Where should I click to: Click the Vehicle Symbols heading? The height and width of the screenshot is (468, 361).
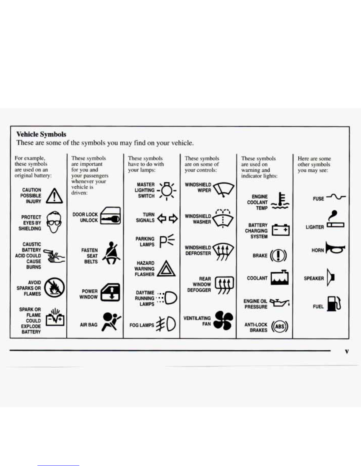(x=41, y=134)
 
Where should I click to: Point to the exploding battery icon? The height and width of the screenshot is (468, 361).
(x=56, y=317)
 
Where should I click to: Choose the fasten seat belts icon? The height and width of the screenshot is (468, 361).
(x=111, y=253)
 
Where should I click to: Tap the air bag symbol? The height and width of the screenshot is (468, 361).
(x=111, y=322)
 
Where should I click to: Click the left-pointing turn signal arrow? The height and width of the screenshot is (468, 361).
(x=162, y=218)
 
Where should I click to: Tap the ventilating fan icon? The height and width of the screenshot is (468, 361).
(x=223, y=320)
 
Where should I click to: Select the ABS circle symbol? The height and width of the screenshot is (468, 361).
(x=279, y=326)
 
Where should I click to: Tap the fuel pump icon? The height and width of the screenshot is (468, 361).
(x=334, y=304)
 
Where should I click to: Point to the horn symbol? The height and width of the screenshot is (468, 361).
(x=335, y=248)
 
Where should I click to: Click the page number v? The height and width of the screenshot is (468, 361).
(x=347, y=352)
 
